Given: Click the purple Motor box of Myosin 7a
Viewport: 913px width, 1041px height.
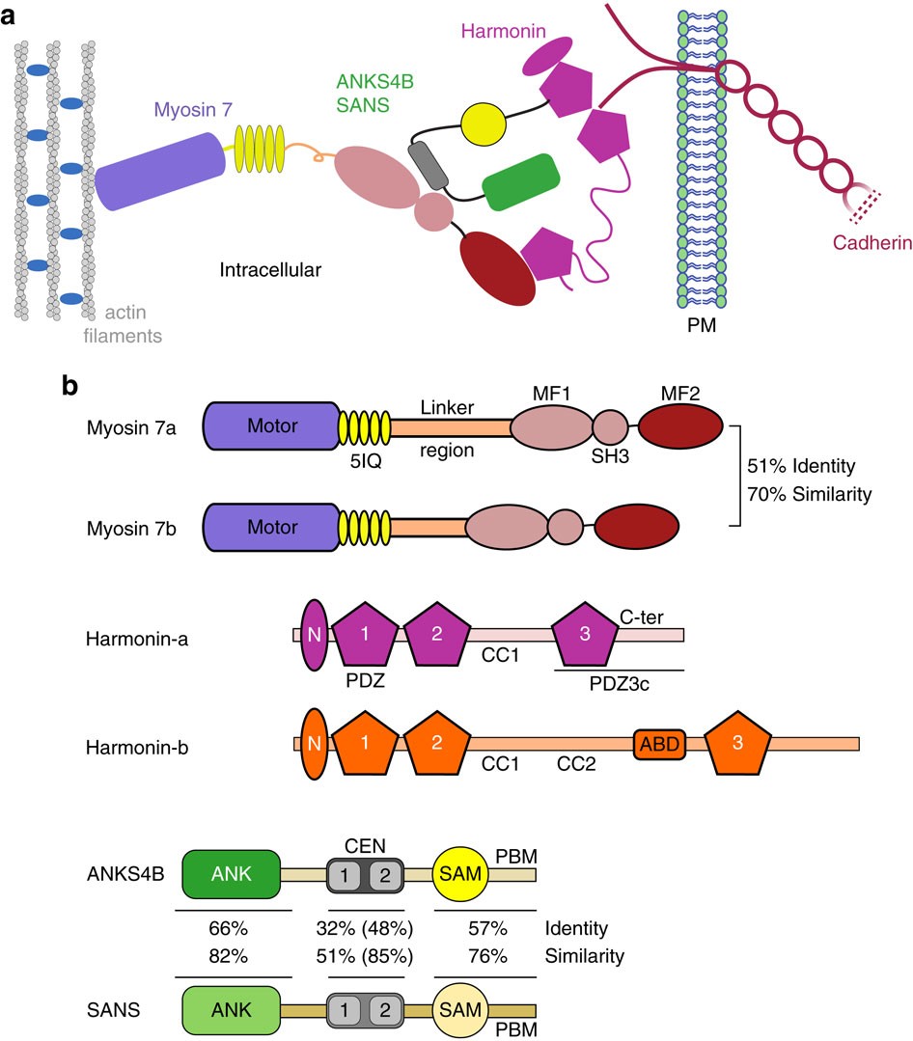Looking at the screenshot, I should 270,425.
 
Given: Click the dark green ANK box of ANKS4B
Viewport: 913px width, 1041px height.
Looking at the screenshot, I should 231,874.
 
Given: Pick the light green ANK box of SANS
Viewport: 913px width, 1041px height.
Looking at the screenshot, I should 231,1009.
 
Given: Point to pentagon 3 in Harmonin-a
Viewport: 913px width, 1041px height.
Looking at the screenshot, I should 586,635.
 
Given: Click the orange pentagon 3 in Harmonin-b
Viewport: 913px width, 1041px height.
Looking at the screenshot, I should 738,744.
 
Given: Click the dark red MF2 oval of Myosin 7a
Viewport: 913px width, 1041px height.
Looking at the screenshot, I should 680,425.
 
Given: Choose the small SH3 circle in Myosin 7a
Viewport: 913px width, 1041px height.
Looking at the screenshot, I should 610,425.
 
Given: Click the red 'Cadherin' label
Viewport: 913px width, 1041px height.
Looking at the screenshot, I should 871,244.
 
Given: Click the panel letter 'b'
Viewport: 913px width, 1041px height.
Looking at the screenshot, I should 70,386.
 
